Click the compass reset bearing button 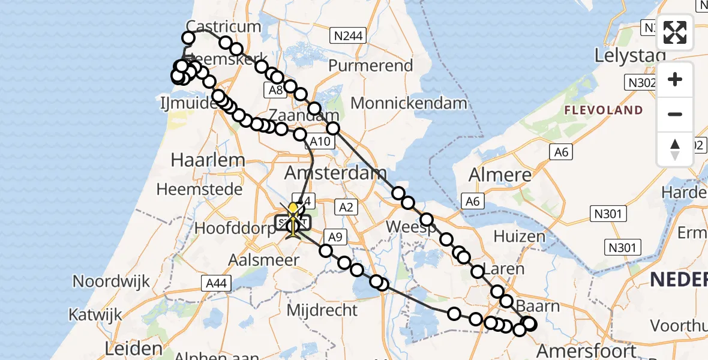coord(675,149)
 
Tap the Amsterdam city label coord(335,174)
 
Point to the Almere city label coord(500,175)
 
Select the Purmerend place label coord(371,65)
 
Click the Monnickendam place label coord(409,103)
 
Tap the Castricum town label coord(224,26)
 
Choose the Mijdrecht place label coord(322,311)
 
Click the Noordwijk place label coord(112,281)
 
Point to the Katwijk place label coord(95,314)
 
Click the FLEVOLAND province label coord(603,110)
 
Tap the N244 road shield coord(349,36)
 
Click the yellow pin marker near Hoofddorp coord(293,209)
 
